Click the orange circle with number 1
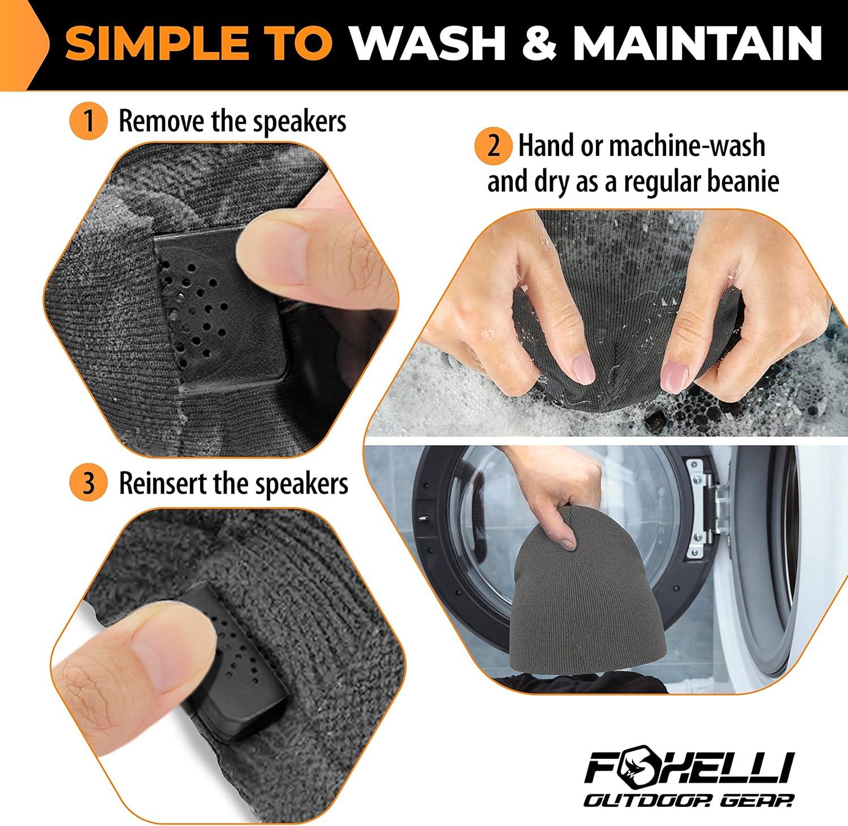[88, 121]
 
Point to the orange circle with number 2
[494, 146]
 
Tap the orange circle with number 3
[88, 484]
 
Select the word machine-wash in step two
[686, 146]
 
